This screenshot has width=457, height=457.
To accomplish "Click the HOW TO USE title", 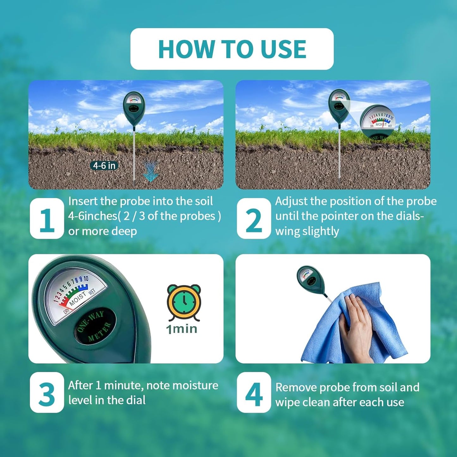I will (x=232, y=49).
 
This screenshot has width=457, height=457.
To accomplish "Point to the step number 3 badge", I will (x=47, y=393).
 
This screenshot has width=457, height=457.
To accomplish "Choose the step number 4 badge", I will (x=254, y=393).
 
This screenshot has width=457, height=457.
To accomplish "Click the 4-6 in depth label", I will (x=104, y=165).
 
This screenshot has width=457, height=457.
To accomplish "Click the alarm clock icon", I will (x=184, y=302).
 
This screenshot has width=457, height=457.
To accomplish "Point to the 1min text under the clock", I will (x=182, y=329).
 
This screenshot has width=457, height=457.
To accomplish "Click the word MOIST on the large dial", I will (x=77, y=298).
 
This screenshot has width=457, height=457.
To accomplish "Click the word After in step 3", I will (x=80, y=385).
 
